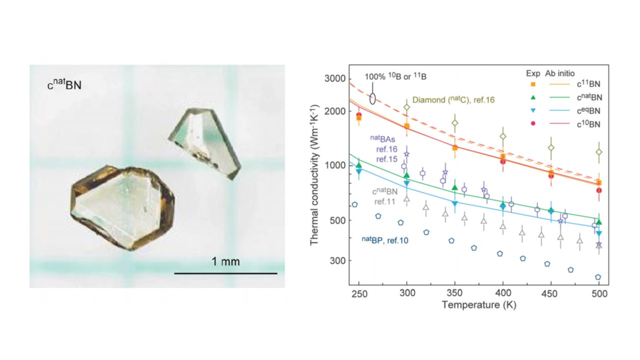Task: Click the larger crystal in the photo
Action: [122, 207]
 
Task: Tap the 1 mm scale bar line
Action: [225, 273]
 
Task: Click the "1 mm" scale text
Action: [225, 261]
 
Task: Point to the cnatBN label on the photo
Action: [64, 85]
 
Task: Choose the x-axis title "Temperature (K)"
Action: [479, 304]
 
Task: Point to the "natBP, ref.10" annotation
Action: [385, 240]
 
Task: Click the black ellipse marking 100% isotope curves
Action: [372, 98]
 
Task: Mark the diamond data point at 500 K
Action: [598, 152]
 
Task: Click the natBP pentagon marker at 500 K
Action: [598, 277]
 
